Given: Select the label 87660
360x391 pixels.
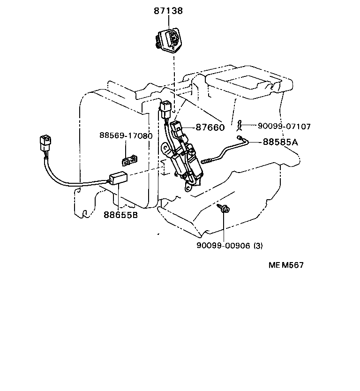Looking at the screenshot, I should pos(210,127).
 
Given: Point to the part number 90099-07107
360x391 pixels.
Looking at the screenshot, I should pos(284,126).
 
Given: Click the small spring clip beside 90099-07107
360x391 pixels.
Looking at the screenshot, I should pos(240,125).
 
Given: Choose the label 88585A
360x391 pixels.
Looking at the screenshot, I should pos(280,141).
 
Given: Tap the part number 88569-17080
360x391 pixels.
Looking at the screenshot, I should pos(126,135).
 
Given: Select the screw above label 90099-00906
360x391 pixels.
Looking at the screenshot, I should pos(225,209).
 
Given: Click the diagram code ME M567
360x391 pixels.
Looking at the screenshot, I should pos(286,265).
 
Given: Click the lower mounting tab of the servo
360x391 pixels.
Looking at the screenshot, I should pos(187,188).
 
